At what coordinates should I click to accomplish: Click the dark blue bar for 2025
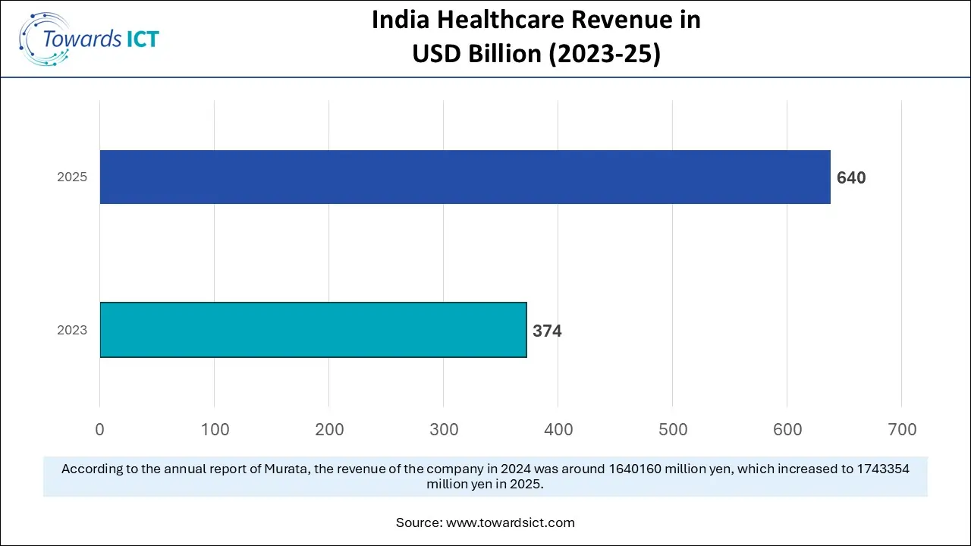click(x=465, y=177)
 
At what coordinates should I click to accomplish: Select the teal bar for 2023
click(x=313, y=330)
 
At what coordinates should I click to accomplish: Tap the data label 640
click(x=851, y=177)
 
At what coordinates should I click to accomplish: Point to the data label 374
click(x=547, y=331)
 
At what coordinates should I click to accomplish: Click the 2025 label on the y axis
click(x=72, y=177)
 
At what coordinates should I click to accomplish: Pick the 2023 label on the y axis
click(x=72, y=331)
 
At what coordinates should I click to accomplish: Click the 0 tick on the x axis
click(x=100, y=429)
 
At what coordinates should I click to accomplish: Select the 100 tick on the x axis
click(x=215, y=429)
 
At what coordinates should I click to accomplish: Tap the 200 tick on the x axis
click(x=329, y=429)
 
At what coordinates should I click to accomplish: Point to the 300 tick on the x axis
click(x=444, y=429)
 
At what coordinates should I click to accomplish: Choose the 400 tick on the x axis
click(x=558, y=429)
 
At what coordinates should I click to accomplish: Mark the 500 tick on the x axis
click(x=673, y=429)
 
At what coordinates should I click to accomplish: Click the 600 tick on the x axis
click(x=787, y=429)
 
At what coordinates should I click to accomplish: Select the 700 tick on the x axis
click(x=902, y=429)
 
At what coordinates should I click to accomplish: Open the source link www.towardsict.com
click(x=510, y=522)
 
